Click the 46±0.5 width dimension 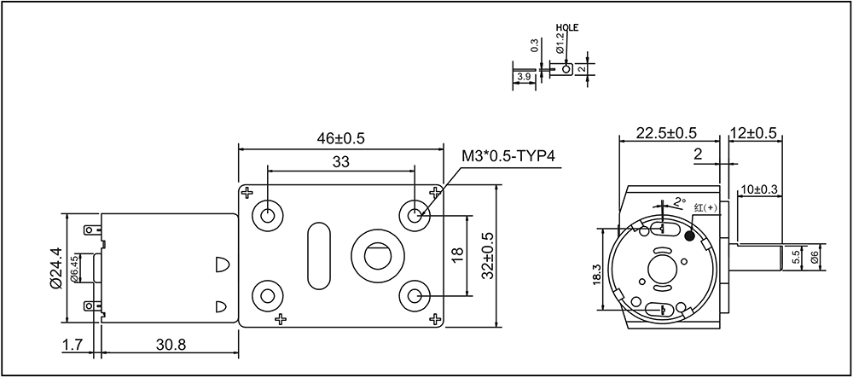(x=341, y=137)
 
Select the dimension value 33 (x=340, y=161)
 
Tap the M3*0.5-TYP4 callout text (x=508, y=157)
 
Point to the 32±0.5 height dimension (x=487, y=256)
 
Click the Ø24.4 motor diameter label (x=55, y=268)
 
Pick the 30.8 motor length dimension (x=171, y=344)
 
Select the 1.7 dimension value (x=73, y=344)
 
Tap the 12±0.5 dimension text (x=753, y=132)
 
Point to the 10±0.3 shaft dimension (x=759, y=189)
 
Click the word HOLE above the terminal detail (x=568, y=27)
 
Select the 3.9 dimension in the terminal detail (x=525, y=77)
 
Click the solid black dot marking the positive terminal (x=690, y=236)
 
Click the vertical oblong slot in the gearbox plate (x=319, y=256)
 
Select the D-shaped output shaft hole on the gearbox (x=378, y=256)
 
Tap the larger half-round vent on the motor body (x=222, y=264)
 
